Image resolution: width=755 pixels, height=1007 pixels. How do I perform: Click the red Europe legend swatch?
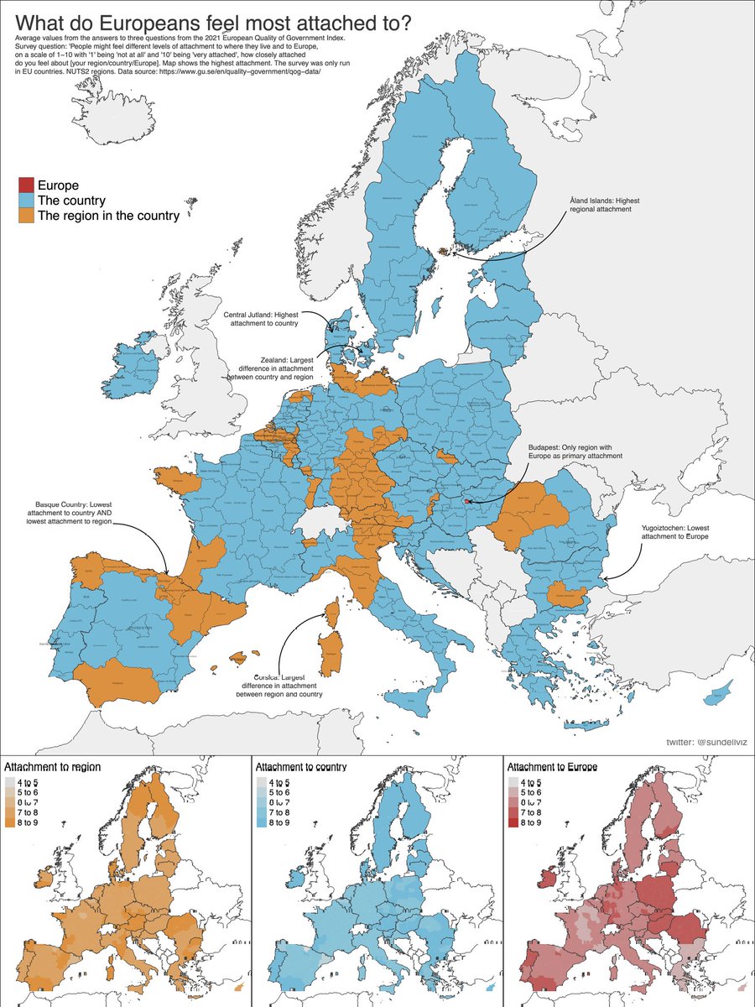point(26,185)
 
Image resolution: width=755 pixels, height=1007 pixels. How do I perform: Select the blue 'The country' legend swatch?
point(26,201)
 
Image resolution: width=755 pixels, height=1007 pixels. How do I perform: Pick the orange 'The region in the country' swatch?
point(26,216)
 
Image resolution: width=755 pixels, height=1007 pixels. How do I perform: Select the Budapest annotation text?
point(575,450)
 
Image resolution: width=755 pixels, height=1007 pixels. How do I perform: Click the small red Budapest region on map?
point(467,501)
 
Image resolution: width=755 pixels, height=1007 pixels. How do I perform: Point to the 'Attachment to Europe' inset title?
point(552,767)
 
